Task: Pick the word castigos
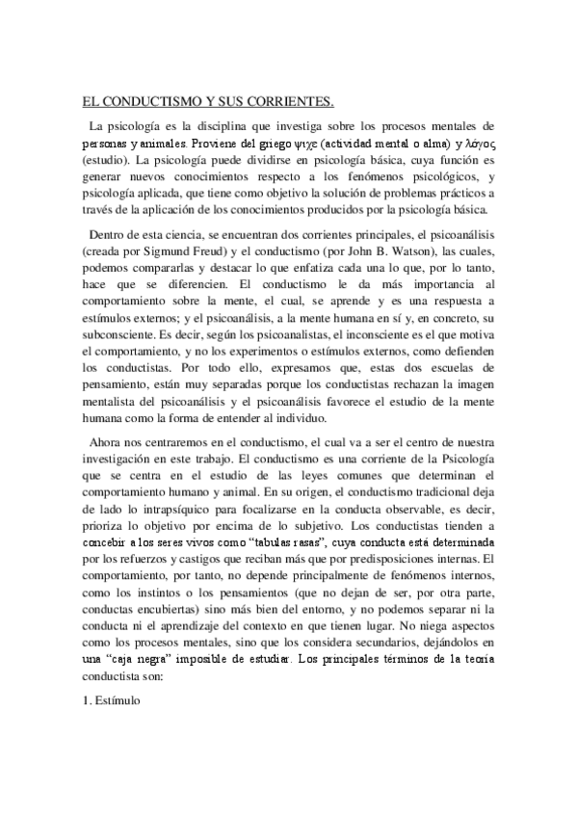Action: point(247,558)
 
